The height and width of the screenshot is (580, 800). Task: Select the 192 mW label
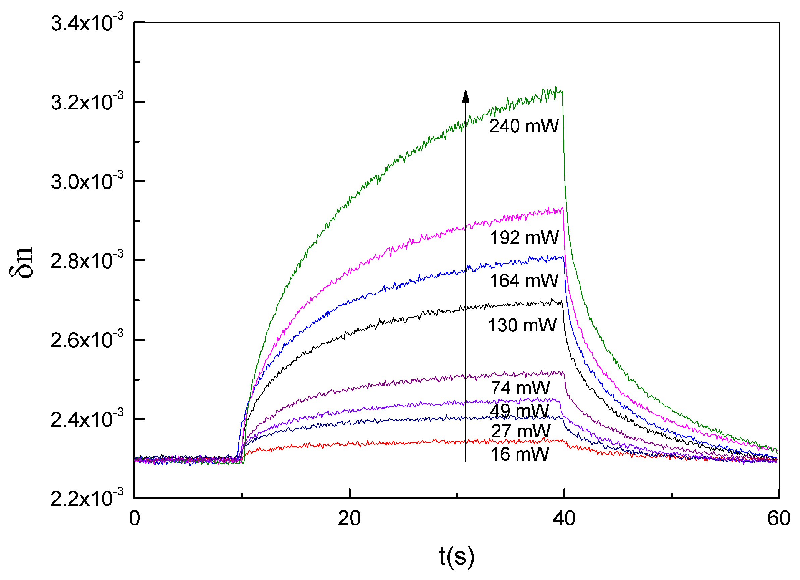coord(524,238)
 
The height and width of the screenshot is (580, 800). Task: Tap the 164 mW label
coord(524,281)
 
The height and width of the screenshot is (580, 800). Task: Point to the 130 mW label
coord(522,325)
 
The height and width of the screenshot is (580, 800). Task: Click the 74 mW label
coord(520,388)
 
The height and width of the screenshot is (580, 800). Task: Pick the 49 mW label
coord(519,411)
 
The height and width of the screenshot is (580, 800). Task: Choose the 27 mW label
coord(520,431)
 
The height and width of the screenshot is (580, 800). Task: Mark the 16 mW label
coord(520,454)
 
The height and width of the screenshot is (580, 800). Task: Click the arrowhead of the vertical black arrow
coord(466,96)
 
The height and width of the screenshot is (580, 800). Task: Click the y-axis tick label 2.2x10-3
coord(87,498)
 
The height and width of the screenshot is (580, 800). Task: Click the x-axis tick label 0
coord(135,519)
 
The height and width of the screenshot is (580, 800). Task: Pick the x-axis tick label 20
coord(349,519)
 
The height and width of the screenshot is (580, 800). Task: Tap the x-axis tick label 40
coord(564,519)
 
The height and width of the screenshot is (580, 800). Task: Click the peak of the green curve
coord(556,88)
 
